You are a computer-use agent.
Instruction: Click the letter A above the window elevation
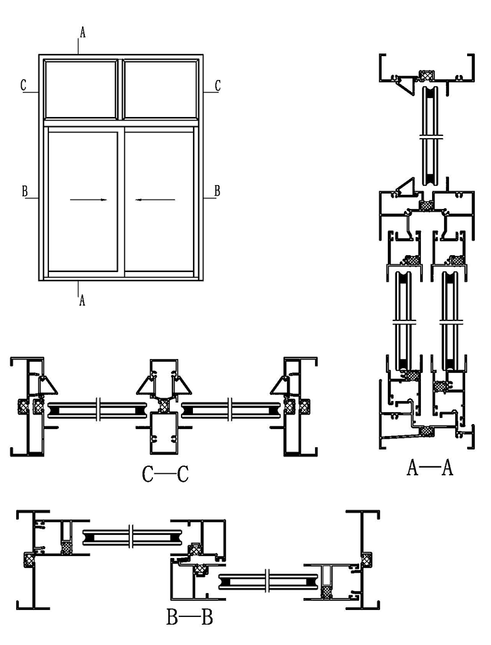(x=83, y=32)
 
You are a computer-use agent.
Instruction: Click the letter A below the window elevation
(x=83, y=300)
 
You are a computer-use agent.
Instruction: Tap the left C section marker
(x=23, y=86)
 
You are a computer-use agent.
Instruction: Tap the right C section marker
(x=217, y=86)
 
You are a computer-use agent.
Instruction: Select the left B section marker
(x=25, y=191)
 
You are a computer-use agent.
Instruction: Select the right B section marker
(x=217, y=191)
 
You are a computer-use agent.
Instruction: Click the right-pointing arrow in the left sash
(x=89, y=200)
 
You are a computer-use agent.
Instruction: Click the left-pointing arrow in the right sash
(x=156, y=200)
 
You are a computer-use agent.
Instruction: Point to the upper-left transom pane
(x=80, y=89)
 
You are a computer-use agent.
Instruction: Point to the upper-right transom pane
(x=159, y=89)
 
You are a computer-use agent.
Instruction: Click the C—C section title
(x=166, y=475)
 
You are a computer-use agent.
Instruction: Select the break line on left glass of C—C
(x=100, y=406)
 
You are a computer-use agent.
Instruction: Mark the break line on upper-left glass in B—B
(x=130, y=537)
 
